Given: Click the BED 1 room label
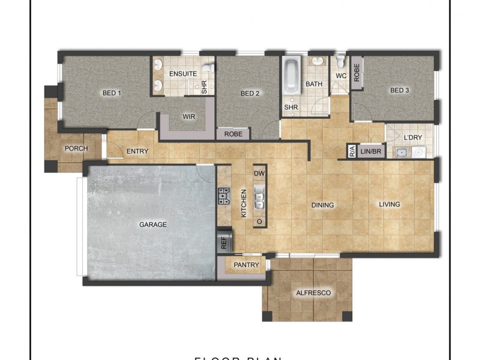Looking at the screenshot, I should coord(112,93).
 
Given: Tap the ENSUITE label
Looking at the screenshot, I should coord(183,73).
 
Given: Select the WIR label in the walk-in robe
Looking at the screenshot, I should coord(190,117).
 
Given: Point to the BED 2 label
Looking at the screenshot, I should coord(250,93).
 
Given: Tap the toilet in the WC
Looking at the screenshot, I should coord(340,61).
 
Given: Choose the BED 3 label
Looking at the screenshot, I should coord(400,91).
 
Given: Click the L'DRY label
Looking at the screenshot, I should coord(413,137).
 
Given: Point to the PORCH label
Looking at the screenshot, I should coord(76,148).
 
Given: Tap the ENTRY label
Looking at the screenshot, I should coord(137,151).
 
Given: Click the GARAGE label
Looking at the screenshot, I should coord(153,224).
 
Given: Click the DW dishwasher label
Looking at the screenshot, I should coord(259,173).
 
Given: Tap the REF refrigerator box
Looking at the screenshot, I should coord(224,243).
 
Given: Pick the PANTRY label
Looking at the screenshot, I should coord(247,265).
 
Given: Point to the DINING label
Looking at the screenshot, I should coord(323,205).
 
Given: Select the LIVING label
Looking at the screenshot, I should coord(389,205).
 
